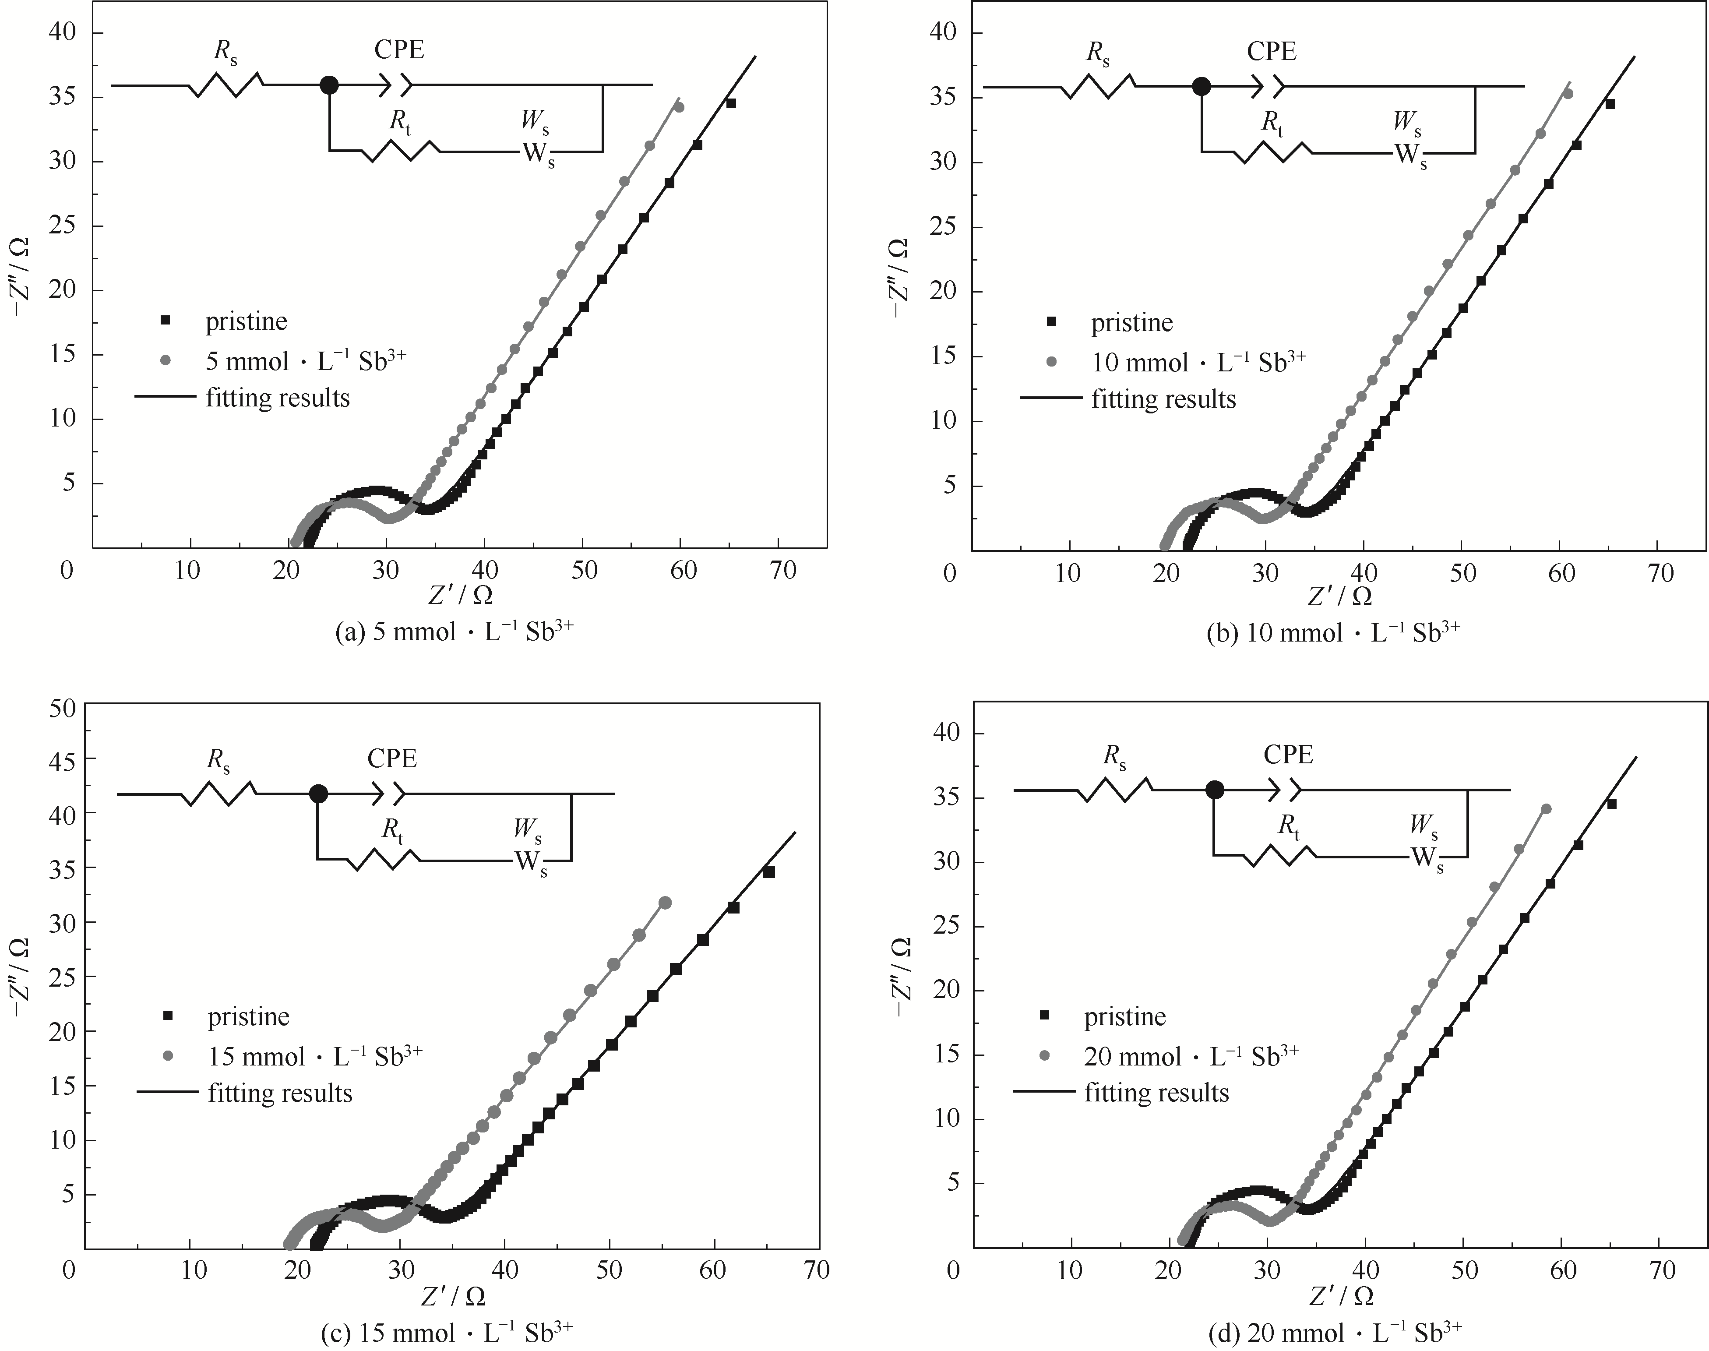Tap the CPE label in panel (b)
[1272, 51]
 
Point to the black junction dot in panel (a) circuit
[330, 85]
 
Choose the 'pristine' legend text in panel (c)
[248, 1016]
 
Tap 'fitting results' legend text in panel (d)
[1156, 1092]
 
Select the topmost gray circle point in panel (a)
[679, 107]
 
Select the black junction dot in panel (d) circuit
[1215, 790]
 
